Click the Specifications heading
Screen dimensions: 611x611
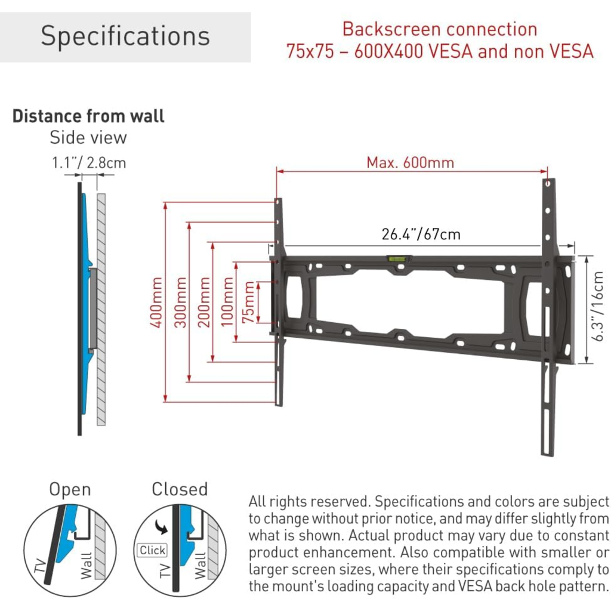click(x=125, y=36)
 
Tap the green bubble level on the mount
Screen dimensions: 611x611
click(x=396, y=259)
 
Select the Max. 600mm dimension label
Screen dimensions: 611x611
click(x=410, y=162)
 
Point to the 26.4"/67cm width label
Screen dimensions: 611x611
click(x=421, y=234)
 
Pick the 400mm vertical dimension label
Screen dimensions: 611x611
click(x=156, y=302)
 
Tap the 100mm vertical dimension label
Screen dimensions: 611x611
click(x=227, y=302)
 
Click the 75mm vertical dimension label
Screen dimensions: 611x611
click(x=248, y=302)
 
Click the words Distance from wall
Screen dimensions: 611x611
click(x=88, y=116)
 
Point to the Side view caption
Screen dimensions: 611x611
click(x=88, y=137)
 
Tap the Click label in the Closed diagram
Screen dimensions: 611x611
click(x=152, y=550)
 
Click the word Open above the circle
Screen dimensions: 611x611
click(x=70, y=490)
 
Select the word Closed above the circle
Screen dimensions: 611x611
click(x=180, y=489)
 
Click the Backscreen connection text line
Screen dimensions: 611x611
click(x=440, y=29)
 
